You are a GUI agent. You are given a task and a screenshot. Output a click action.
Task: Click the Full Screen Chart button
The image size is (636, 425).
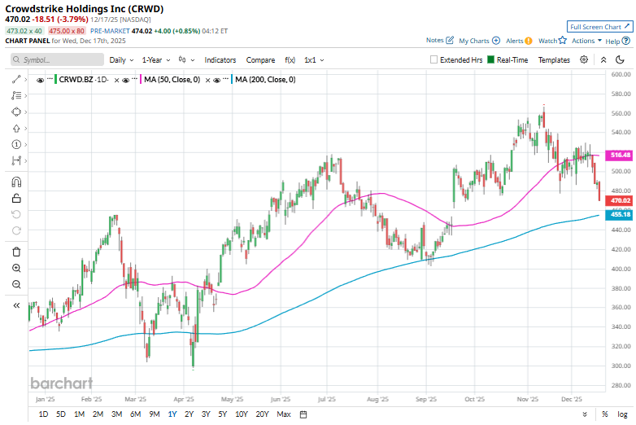point(599,27)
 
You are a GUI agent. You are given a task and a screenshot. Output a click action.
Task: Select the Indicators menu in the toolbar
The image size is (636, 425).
point(220,59)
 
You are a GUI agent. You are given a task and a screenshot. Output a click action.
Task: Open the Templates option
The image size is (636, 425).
point(554,59)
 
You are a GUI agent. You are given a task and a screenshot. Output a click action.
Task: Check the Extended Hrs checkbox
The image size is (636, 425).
point(433,59)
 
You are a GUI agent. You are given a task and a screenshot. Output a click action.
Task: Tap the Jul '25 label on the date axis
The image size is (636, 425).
point(329,400)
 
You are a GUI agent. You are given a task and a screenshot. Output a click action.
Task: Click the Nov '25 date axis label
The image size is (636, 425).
point(528,400)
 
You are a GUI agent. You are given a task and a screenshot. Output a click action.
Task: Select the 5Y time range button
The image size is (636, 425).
point(223,414)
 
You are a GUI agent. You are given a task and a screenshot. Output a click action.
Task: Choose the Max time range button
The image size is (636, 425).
point(283,414)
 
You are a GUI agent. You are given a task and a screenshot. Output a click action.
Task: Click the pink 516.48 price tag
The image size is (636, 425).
point(621,155)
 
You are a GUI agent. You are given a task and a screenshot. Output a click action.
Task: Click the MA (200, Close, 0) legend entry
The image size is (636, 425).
point(264,79)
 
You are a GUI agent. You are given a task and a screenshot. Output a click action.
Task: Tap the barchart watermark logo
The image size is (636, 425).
point(62,383)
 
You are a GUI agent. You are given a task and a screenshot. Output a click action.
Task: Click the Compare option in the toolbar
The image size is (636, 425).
point(260,59)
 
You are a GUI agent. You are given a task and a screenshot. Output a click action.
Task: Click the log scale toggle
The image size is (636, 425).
point(622,414)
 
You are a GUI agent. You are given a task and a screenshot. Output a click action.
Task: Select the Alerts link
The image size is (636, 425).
point(516,40)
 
